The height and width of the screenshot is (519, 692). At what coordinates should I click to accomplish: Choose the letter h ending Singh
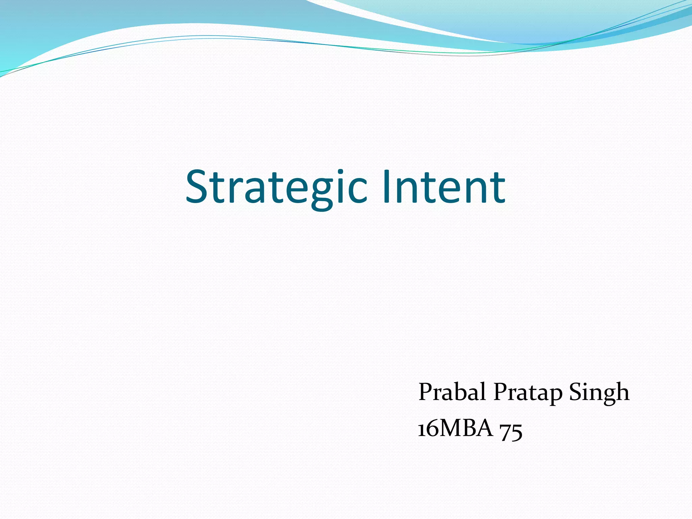point(622,392)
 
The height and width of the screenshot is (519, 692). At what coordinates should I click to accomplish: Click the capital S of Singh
point(576,392)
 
